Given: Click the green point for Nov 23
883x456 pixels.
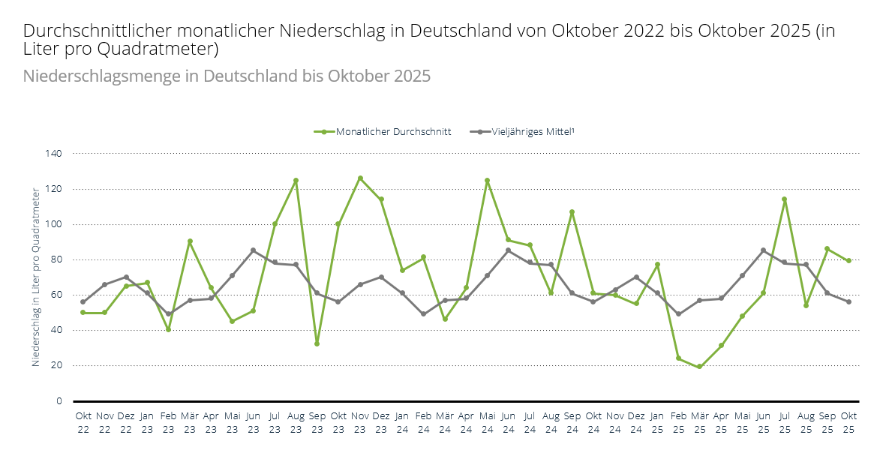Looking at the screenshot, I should pos(360,178).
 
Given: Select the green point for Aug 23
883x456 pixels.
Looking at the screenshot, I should pos(296,181).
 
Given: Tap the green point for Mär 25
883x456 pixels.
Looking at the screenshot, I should pos(700,367).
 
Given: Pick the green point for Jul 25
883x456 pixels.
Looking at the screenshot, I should pos(785,199).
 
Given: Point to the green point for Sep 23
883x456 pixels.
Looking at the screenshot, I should pos(317,343).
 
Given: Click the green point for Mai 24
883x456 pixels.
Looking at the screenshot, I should pos(488,181).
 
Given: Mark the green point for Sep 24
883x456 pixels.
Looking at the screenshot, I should pos(572,212).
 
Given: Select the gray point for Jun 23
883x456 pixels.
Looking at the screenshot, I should pos(254,250).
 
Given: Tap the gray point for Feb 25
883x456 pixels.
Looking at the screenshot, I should pos(678,314).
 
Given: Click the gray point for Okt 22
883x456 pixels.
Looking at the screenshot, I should pos(83,302).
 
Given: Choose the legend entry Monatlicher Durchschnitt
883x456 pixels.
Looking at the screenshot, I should pos(383,131).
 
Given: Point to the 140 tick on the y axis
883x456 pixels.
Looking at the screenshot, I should pos(55,154).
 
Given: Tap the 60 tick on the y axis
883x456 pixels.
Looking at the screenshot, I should pos(57,295).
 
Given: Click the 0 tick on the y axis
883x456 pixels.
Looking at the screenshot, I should pos(59,401).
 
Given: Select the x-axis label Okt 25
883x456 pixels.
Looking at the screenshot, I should pos(848,422).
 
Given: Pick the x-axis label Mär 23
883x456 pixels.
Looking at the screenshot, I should pos(190,422).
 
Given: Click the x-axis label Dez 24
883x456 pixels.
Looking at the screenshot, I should pos(635,422).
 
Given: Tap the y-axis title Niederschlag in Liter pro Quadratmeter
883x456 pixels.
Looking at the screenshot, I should pos(36,277).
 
